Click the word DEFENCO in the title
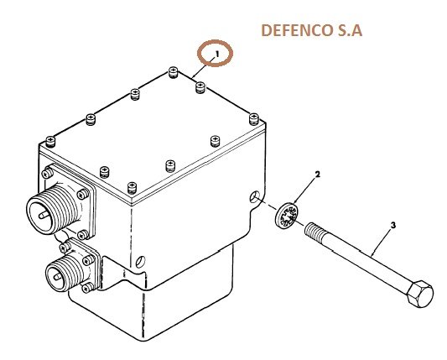[x=297, y=30]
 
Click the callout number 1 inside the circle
[x=217, y=54]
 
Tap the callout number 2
[x=317, y=174]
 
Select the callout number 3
[x=393, y=226]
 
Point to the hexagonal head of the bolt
[x=420, y=294]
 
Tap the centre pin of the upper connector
[x=44, y=215]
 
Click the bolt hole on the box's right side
[x=254, y=196]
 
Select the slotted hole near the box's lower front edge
[x=140, y=262]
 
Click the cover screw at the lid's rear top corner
[x=173, y=72]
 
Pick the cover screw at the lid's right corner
[x=254, y=118]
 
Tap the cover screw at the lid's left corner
[x=50, y=142]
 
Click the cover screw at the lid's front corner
[x=132, y=188]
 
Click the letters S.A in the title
[x=351, y=30]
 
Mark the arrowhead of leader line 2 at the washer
[x=294, y=203]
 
